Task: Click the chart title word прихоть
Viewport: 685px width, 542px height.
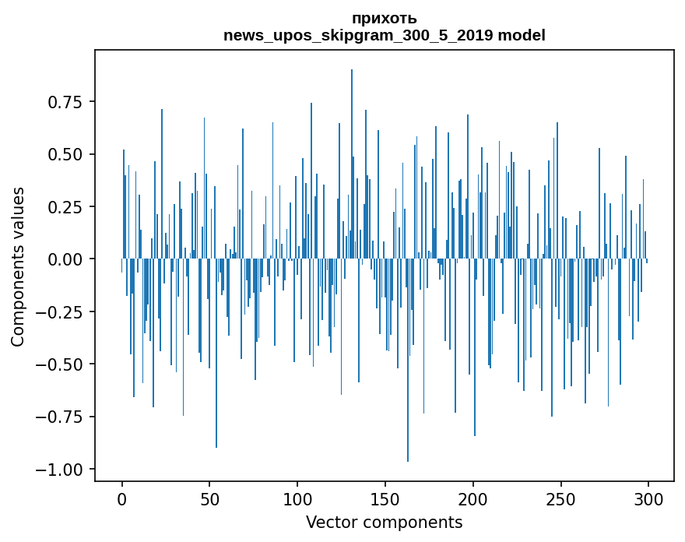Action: pyautogui.click(x=384, y=19)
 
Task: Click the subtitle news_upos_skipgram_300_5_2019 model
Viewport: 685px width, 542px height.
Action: pyautogui.click(x=384, y=35)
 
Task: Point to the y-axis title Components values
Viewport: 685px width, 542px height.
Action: pyautogui.click(x=18, y=266)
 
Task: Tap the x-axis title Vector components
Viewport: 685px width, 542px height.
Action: pyautogui.click(x=384, y=523)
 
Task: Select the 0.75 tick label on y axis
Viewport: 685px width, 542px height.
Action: pyautogui.click(x=65, y=102)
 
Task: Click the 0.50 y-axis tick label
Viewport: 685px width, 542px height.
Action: pyautogui.click(x=65, y=154)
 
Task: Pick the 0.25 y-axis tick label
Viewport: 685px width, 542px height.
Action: pyautogui.click(x=65, y=207)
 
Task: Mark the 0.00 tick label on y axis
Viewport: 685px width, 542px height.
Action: pyautogui.click(x=65, y=259)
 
